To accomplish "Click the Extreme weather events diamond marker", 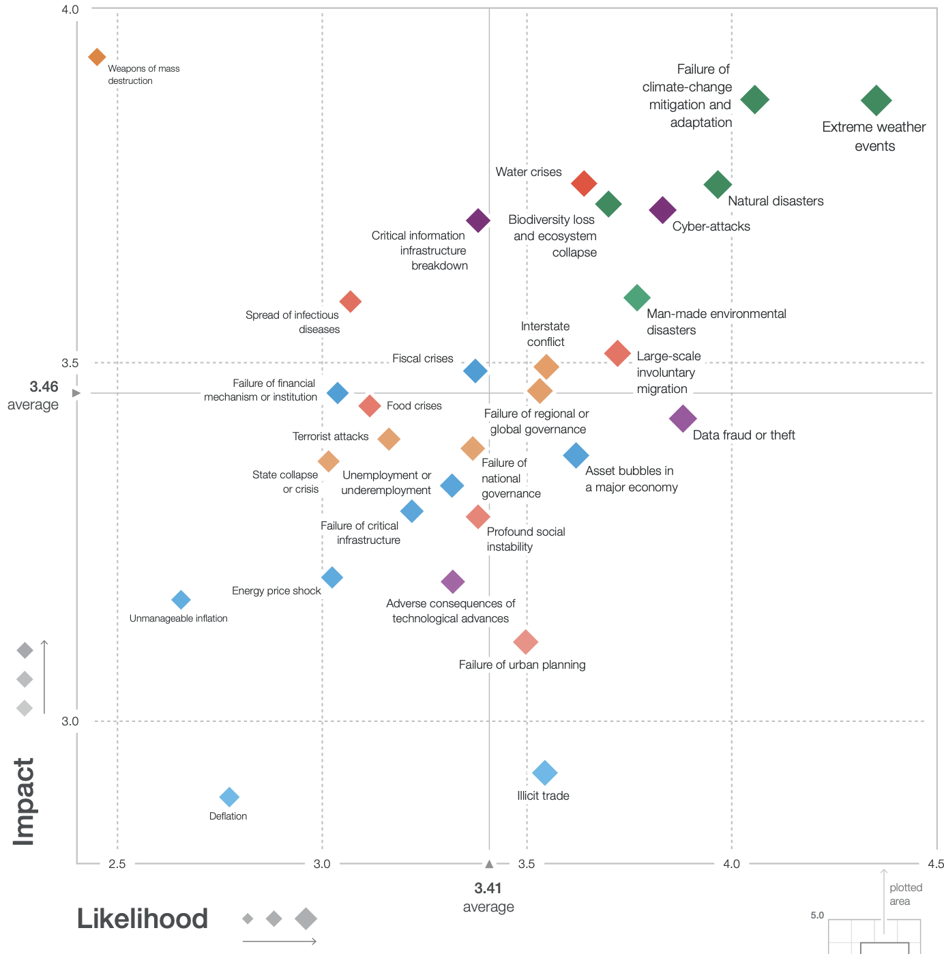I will click(876, 101).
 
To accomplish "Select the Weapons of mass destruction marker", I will click(97, 57).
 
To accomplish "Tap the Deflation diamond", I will click(229, 797).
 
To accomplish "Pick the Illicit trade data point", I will click(544, 772).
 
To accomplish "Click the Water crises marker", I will click(584, 183).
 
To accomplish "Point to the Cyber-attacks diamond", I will click(662, 210).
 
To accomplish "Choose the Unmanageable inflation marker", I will click(181, 600).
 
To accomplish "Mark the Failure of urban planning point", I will click(525, 641).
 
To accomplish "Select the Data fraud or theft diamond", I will click(683, 418).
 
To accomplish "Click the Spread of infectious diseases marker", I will click(350, 301).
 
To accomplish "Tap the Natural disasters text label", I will click(776, 201).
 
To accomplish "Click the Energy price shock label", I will click(276, 591).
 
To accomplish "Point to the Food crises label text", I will click(414, 406).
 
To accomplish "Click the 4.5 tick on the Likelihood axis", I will click(936, 864).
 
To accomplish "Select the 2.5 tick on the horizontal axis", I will click(117, 864).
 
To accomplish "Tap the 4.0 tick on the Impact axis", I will click(70, 10).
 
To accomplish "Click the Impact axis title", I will click(24, 802).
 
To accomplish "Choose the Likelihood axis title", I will click(142, 919).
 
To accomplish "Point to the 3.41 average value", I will click(488, 888).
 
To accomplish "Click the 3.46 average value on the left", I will click(44, 387).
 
